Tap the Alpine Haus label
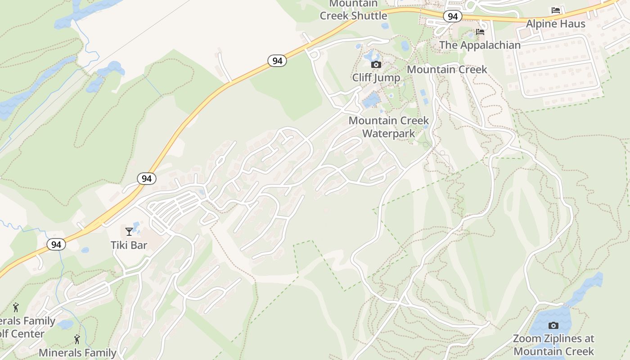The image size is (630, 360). click(556, 24)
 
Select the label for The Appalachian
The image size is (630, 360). click(480, 45)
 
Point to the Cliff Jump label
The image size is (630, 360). click(376, 77)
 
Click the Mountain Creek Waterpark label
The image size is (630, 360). click(389, 127)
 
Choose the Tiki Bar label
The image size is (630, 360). click(129, 245)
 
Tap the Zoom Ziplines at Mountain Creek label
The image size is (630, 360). click(553, 345)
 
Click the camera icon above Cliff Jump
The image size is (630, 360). click(376, 65)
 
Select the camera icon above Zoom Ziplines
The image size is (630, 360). click(553, 325)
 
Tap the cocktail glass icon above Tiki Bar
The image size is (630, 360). click(129, 232)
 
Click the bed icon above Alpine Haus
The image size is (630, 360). click(556, 10)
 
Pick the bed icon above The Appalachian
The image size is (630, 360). click(480, 32)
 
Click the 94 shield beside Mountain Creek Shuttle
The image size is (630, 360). click(453, 17)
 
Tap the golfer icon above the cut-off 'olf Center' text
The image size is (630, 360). click(16, 308)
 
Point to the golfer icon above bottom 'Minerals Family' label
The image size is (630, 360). click(77, 339)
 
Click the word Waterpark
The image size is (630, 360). click(389, 134)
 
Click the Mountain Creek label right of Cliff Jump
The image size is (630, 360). click(447, 69)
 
